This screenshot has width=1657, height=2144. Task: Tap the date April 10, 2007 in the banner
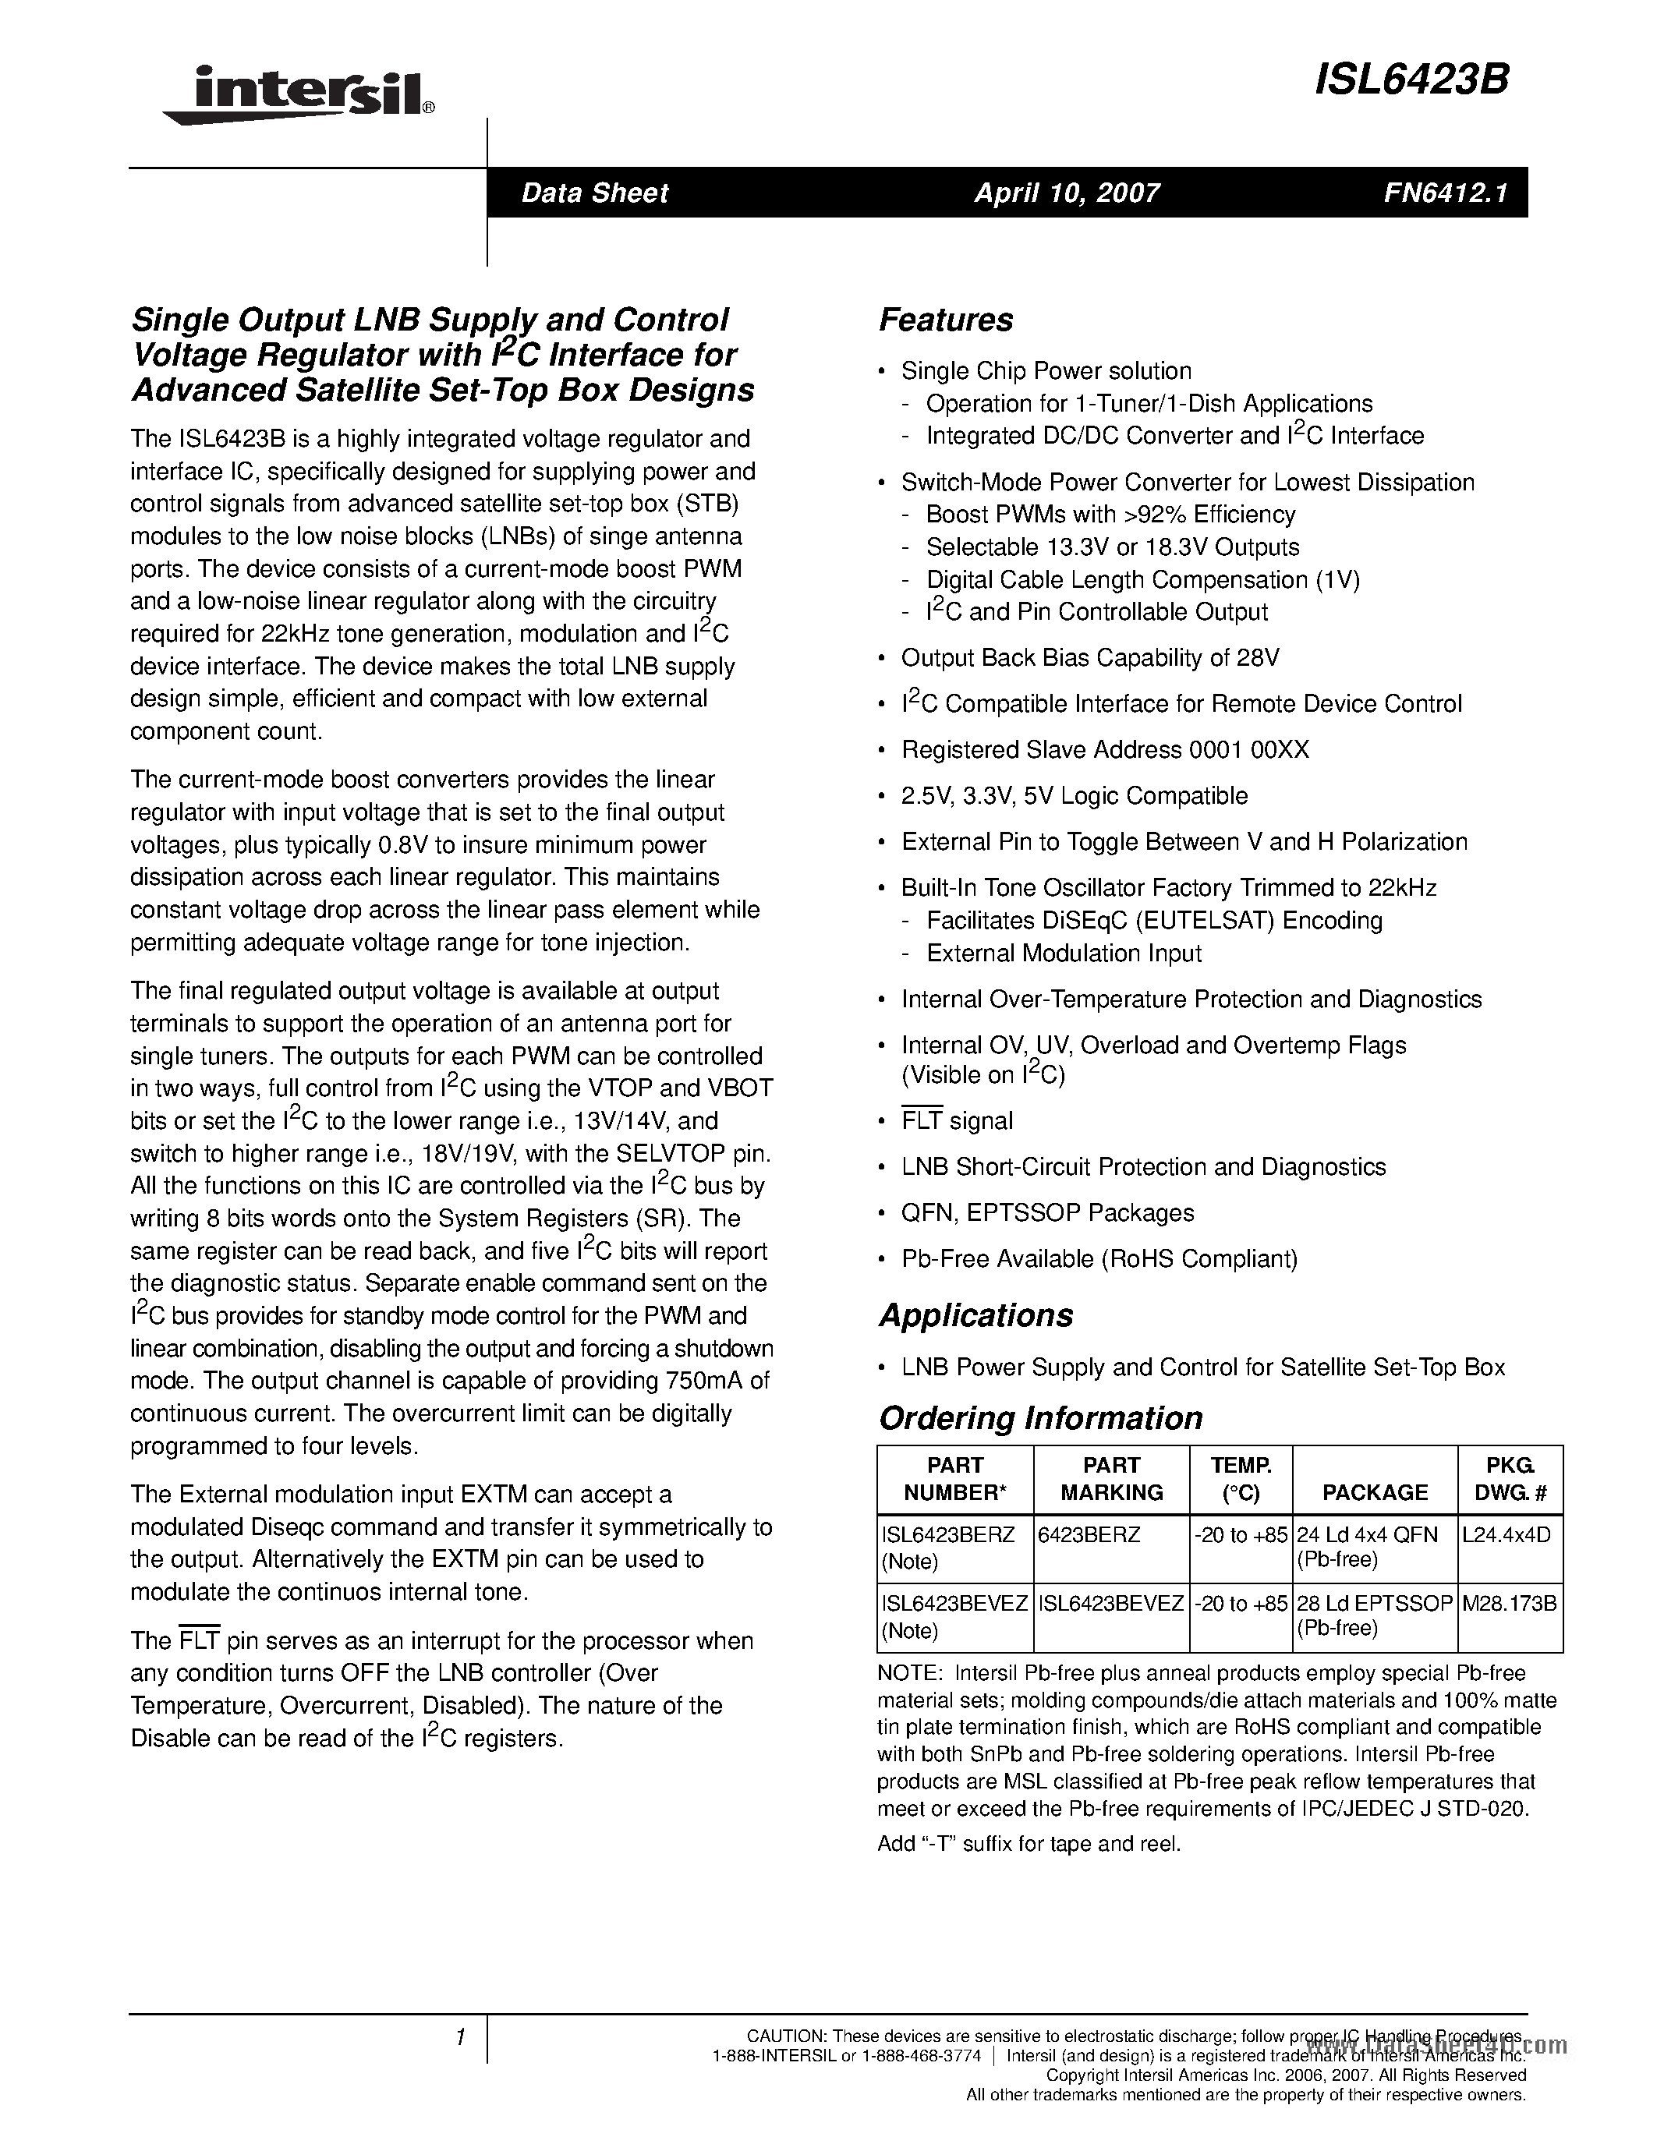click(x=1067, y=193)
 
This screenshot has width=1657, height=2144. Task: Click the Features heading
click(x=945, y=320)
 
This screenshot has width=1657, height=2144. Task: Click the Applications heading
click(x=975, y=1315)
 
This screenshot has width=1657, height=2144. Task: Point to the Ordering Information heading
click(x=1039, y=1417)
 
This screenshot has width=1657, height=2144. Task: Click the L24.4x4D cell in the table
click(x=1506, y=1534)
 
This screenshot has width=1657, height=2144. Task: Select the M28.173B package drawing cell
click(x=1509, y=1603)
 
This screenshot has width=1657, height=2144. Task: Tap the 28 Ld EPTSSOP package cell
click(x=1373, y=1603)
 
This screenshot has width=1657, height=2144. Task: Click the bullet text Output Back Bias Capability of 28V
click(x=1089, y=658)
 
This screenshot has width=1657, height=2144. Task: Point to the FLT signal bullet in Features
click(x=956, y=1121)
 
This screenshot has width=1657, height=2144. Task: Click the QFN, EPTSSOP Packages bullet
click(x=1046, y=1213)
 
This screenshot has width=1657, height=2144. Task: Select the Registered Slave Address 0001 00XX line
click(x=1104, y=750)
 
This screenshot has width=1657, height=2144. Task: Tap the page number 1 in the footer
click(x=459, y=2038)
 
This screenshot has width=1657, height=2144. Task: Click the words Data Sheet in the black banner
click(x=594, y=193)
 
